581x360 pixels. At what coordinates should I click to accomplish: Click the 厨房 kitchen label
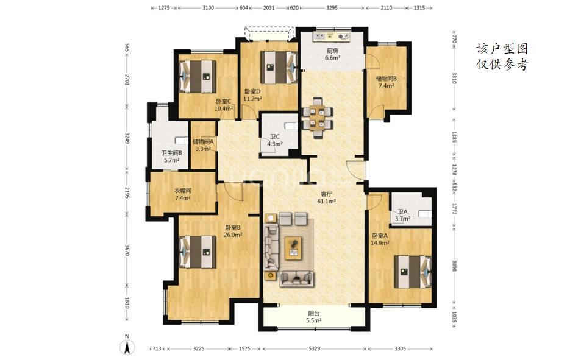coord(332,51)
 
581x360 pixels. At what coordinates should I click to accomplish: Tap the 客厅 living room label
coord(326,194)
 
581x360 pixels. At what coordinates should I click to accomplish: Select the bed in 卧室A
coord(413,272)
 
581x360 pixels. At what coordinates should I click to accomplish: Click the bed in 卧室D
coord(279,67)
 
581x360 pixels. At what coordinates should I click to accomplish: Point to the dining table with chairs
coord(318,118)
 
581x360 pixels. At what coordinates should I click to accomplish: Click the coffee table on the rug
coord(293,248)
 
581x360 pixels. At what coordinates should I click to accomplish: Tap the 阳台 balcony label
coord(313,314)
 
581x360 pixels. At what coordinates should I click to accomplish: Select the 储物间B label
coord(386,79)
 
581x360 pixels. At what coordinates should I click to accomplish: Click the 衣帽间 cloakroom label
coord(183,191)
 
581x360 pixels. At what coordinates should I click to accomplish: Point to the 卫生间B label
coord(171,153)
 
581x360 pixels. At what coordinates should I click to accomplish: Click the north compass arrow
coord(127,347)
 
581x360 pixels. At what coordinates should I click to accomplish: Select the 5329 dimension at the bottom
coord(314,348)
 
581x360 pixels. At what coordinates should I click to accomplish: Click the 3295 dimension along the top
coord(332,8)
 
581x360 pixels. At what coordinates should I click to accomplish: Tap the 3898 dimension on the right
coord(454,265)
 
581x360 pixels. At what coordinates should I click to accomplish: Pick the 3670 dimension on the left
coord(127,250)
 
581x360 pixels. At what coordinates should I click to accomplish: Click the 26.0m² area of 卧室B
coord(233,235)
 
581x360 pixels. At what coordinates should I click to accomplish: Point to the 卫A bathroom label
coord(402,211)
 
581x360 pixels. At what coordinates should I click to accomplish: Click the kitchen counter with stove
coord(332,37)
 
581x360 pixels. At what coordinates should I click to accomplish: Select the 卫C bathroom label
coord(275,136)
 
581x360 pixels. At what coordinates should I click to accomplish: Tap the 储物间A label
coord(203,141)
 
